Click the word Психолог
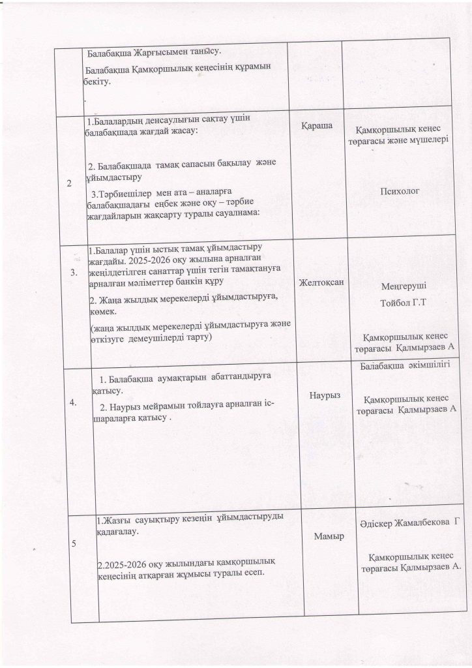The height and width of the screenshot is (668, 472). click(x=398, y=191)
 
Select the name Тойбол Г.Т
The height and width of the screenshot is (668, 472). click(x=407, y=303)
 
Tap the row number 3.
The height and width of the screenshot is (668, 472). click(x=73, y=272)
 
